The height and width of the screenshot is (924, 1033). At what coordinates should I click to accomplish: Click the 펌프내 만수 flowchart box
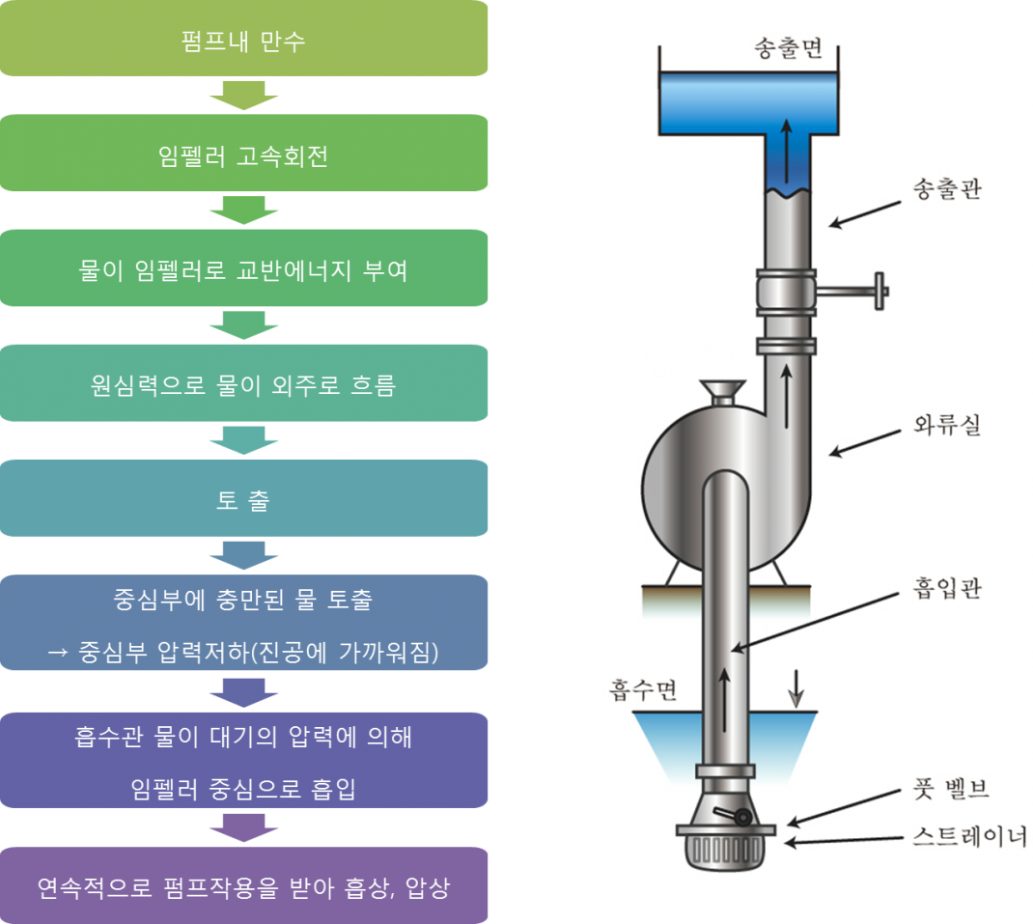point(243,42)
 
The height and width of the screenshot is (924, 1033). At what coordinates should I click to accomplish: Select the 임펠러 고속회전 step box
point(243,154)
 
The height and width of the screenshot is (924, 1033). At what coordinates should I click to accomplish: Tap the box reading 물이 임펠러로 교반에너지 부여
point(243,269)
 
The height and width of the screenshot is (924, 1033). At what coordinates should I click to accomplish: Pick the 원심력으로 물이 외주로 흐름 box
point(243,384)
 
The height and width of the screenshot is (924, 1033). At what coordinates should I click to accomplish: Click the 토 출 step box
point(243,499)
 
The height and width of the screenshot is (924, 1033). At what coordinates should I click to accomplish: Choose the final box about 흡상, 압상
point(243,886)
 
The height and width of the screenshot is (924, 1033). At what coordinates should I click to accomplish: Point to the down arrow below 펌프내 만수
point(243,96)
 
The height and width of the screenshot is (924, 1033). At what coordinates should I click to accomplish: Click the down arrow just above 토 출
point(243,440)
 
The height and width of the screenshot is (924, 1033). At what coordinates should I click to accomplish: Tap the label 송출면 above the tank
point(787,49)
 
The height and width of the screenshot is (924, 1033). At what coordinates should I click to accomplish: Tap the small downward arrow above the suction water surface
point(796,686)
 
